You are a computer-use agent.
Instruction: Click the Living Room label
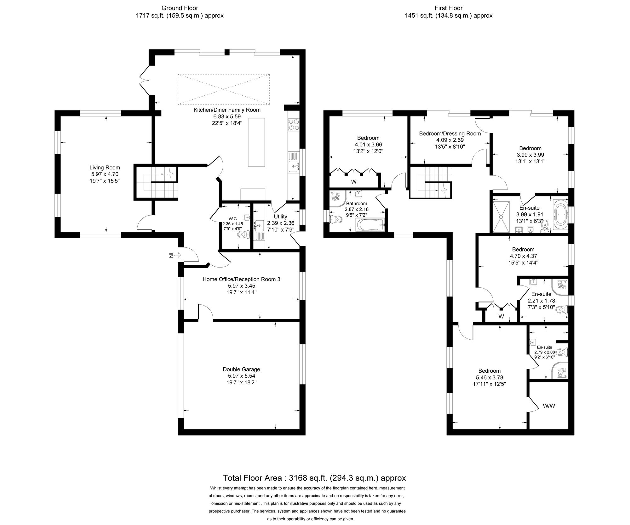pos(105,167)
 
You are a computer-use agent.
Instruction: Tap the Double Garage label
pos(241,369)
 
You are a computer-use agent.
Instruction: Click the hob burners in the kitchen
pos(293,125)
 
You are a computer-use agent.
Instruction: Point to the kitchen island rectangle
pos(256,142)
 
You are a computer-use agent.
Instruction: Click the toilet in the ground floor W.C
pos(243,234)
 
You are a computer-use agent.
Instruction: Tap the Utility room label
pos(280,217)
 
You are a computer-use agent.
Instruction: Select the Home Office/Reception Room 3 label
pos(241,279)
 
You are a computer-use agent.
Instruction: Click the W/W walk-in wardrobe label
pos(549,406)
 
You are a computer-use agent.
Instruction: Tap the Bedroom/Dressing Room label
pos(450,133)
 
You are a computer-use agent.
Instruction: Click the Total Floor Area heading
pos(314,478)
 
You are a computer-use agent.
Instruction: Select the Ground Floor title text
pos(180,8)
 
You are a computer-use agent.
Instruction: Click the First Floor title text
pos(449,8)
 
